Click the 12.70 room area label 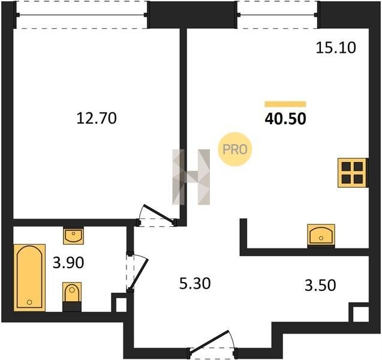tap(97, 118)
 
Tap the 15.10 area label tap(336, 47)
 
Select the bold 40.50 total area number tap(285, 119)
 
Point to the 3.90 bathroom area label tap(68, 263)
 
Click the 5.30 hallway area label tap(195, 284)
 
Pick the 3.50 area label tap(320, 285)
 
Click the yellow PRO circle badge tap(234, 149)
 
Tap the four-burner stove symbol tap(352, 173)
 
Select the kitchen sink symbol tap(321, 235)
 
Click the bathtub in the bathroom tap(29, 278)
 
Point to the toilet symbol tap(72, 296)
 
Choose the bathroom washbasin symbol tap(73, 235)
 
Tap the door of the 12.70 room tap(159, 214)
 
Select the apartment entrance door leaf tap(209, 341)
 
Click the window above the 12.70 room tap(82, 15)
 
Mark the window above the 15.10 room tap(277, 15)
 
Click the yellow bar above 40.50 tap(285, 104)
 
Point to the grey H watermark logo tap(191, 177)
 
